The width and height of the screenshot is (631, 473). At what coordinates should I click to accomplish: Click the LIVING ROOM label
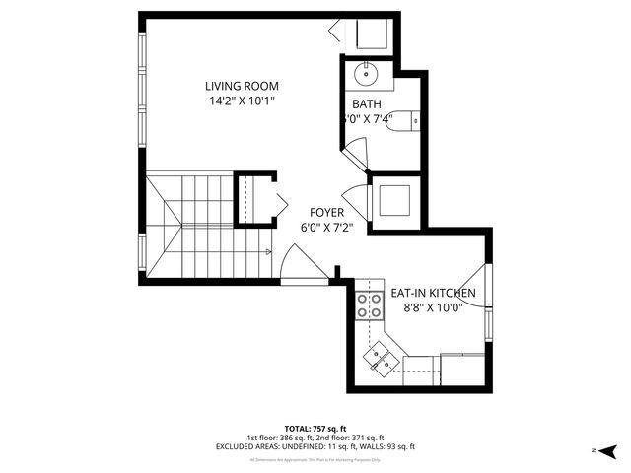241,86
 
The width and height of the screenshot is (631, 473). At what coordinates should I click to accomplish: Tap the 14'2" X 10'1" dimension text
241,101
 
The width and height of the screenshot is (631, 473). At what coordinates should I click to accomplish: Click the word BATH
367,104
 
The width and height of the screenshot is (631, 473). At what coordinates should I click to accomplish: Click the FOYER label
326,212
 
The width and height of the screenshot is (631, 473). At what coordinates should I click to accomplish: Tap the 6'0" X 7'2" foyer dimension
326,227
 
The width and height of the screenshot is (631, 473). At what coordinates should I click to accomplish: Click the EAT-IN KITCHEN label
434,294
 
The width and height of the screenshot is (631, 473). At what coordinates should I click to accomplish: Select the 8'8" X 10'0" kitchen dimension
434,308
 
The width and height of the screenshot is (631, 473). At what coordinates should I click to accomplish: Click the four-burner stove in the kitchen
370,305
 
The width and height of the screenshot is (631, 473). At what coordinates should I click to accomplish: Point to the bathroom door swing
355,153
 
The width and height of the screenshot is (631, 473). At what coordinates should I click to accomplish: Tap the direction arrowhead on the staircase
267,252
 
